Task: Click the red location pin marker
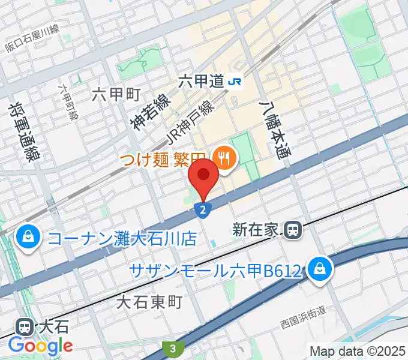pyautogui.click(x=204, y=175)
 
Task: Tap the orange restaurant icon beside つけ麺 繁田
pyautogui.click(x=226, y=158)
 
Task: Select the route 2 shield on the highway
pyautogui.click(x=204, y=209)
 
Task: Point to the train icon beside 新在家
pyautogui.click(x=293, y=229)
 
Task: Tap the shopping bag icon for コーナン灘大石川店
pyautogui.click(x=28, y=238)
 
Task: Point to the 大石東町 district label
pyautogui.click(x=148, y=302)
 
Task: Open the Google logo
pyautogui.click(x=40, y=345)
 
